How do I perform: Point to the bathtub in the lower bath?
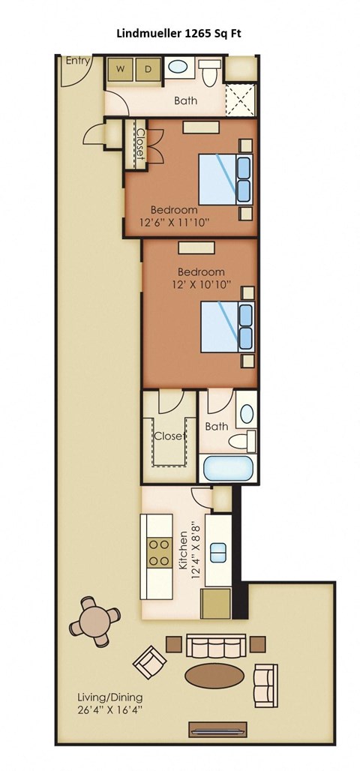click(229, 469)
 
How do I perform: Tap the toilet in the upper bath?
click(209, 72)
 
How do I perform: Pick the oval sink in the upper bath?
click(178, 67)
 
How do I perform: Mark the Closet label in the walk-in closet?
click(169, 436)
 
